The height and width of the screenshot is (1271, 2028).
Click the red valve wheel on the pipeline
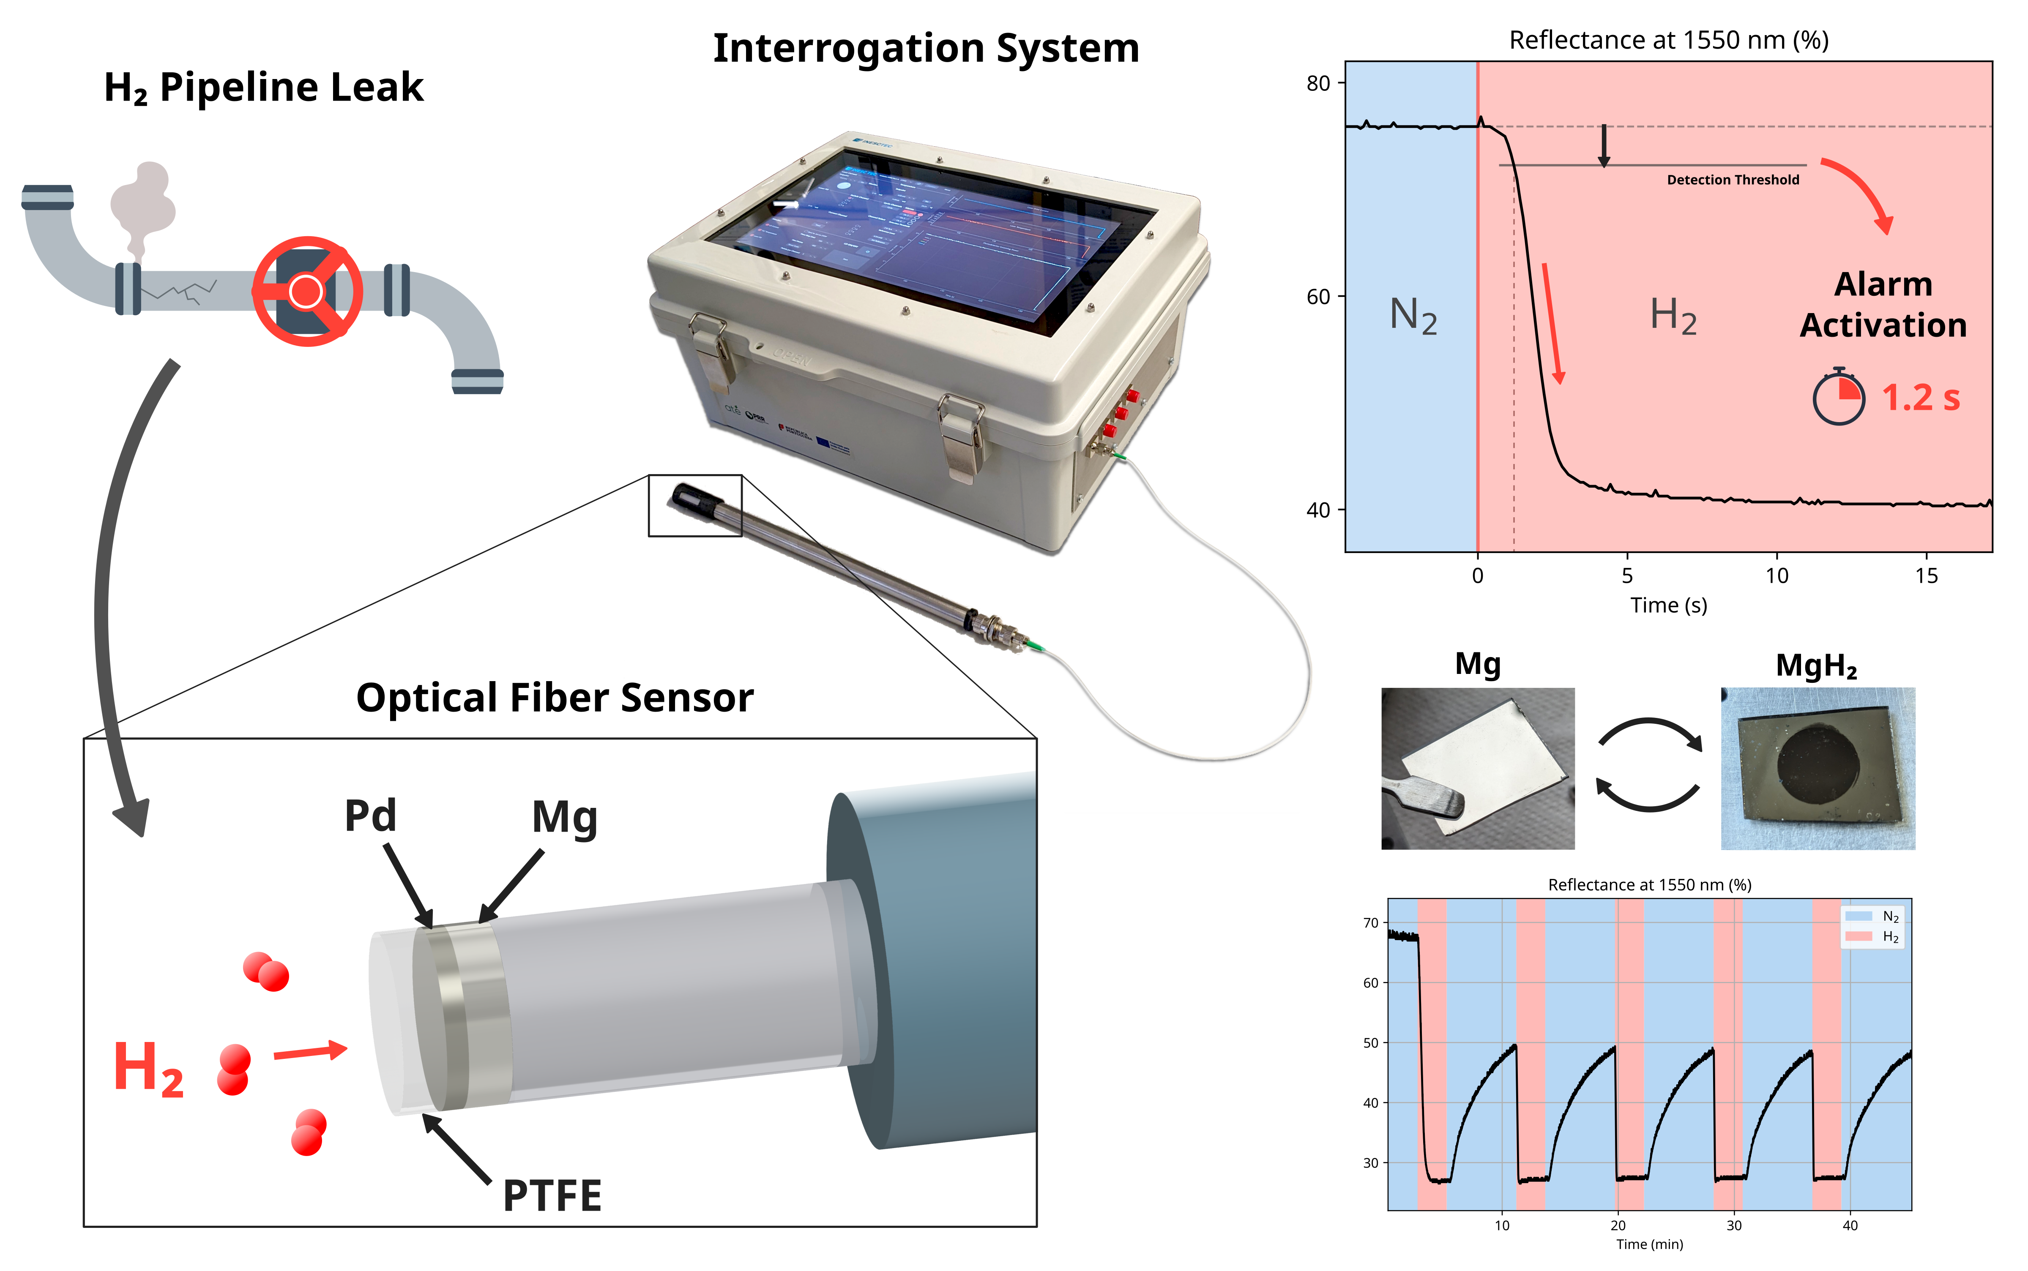pyautogui.click(x=308, y=291)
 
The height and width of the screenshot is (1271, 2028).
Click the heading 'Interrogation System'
pyautogui.click(x=926, y=48)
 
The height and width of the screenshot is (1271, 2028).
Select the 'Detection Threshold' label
pyautogui.click(x=1733, y=180)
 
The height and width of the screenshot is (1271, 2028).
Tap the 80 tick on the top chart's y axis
pyautogui.click(x=1317, y=83)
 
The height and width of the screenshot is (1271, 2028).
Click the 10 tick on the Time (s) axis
pyautogui.click(x=1777, y=576)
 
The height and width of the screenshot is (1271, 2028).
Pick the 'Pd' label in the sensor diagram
pyautogui.click(x=370, y=816)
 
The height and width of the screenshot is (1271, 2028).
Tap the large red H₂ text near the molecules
pyautogui.click(x=148, y=1069)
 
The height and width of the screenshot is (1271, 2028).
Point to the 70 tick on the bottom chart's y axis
pyautogui.click(x=1370, y=923)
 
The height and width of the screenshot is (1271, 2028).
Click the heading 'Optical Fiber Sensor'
pyautogui.click(x=555, y=698)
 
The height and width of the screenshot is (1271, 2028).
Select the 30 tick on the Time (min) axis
pyautogui.click(x=1734, y=1226)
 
